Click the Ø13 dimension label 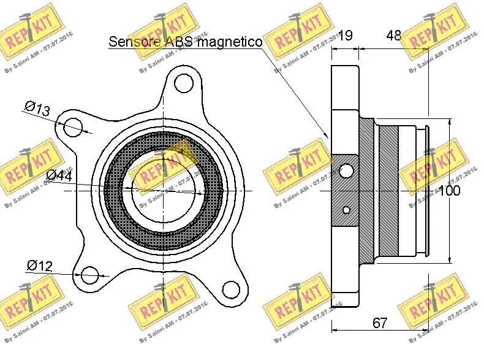tap(37, 109)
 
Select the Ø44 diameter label tap(59, 176)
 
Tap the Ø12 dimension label tap(39, 266)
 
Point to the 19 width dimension tap(346, 36)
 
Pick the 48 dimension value tap(393, 36)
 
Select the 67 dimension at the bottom tap(380, 323)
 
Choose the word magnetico tap(233, 42)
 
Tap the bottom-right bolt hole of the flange tap(230, 289)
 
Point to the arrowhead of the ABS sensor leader tap(328, 136)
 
